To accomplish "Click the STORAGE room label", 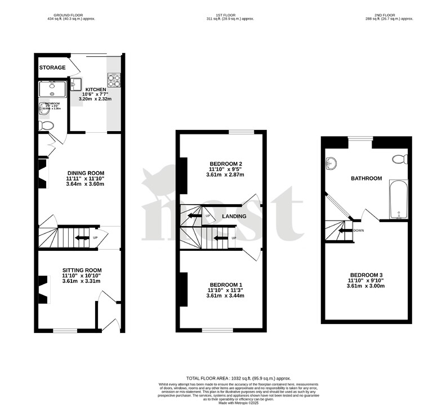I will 52,67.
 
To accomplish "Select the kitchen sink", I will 77,83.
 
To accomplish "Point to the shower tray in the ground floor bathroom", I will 52,89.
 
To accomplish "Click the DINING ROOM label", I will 86,173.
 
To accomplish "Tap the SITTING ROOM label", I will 82,271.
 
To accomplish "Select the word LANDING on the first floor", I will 234,216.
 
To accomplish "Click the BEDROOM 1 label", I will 225,284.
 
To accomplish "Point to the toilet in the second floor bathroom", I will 400,159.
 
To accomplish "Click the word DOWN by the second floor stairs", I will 358,230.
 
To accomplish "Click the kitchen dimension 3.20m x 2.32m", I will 95,99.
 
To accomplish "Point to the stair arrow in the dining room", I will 82,238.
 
